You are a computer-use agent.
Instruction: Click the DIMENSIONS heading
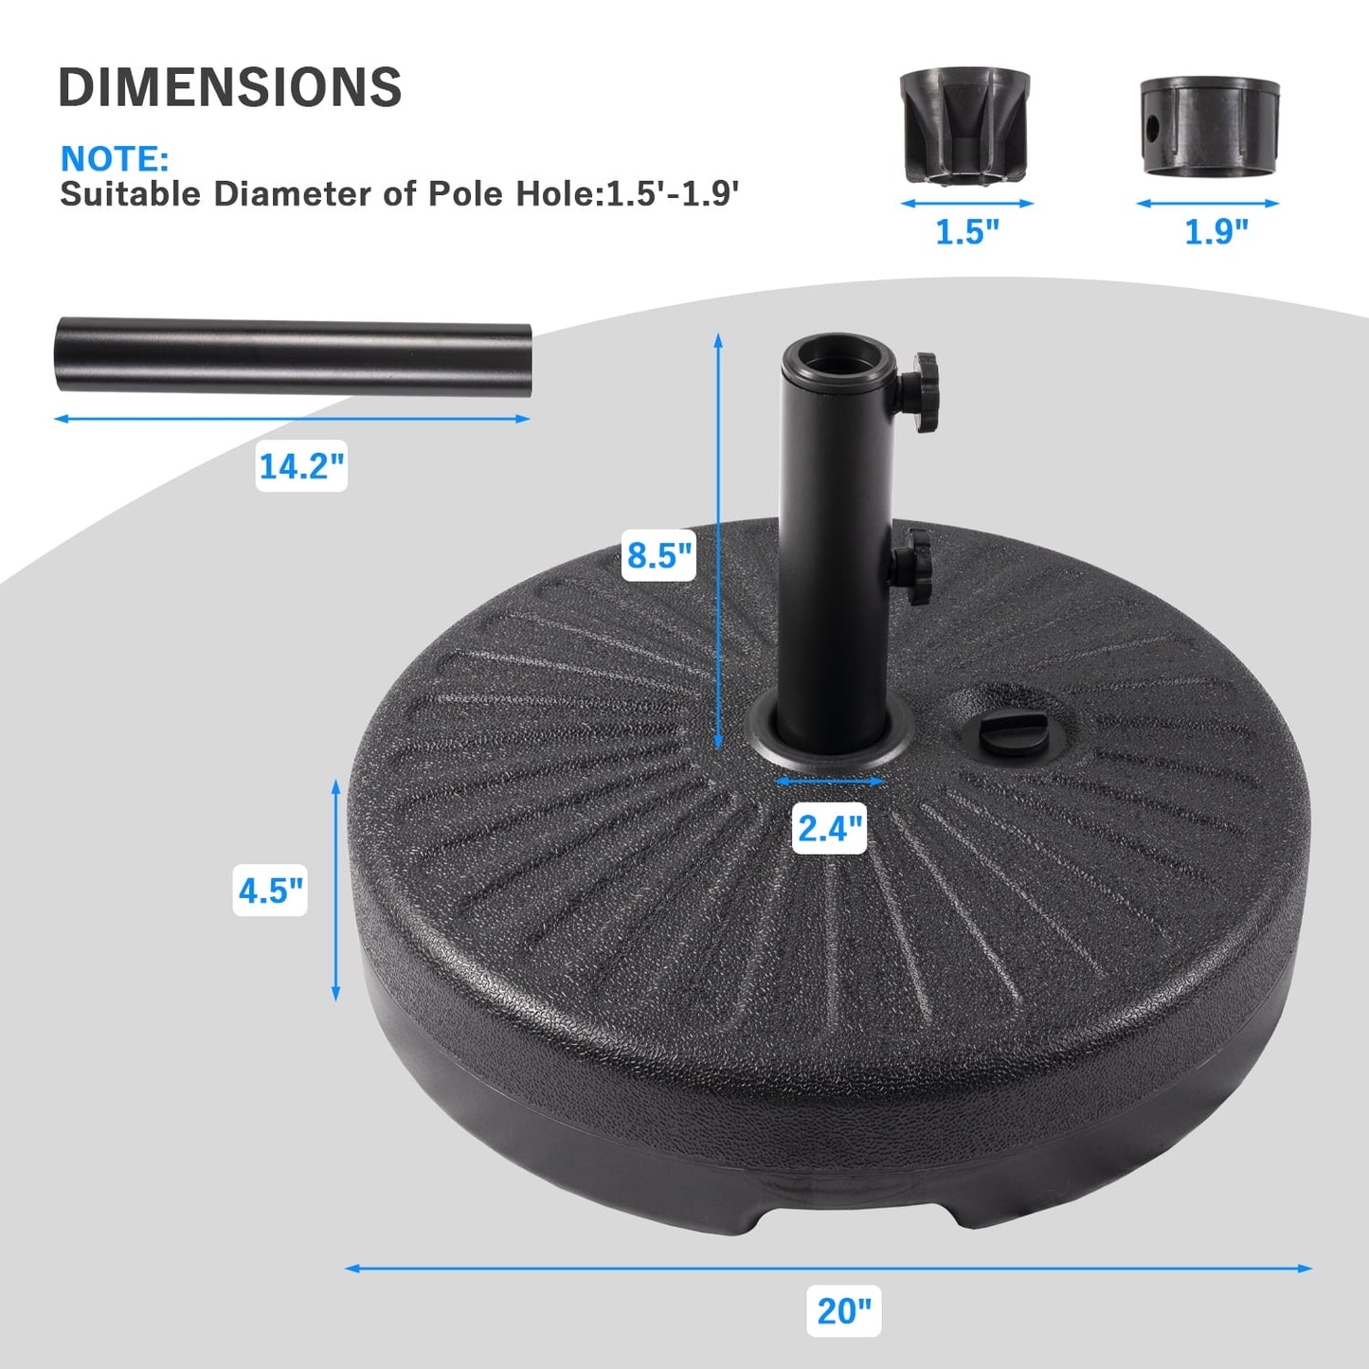[x=230, y=87]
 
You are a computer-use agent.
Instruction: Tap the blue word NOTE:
[x=115, y=158]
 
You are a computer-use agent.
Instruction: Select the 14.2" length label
[x=301, y=466]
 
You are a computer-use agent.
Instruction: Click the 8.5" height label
[x=659, y=554]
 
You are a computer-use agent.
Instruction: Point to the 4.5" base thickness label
[x=271, y=891]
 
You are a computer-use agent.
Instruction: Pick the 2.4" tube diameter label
[x=830, y=828]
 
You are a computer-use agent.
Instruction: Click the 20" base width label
[x=843, y=1311]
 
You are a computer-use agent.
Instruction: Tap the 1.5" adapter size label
[x=966, y=231]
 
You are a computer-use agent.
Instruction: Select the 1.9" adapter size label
[x=1216, y=231]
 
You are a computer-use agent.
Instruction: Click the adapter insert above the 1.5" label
[x=964, y=124]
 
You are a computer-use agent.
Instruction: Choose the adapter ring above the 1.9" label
[x=1209, y=126]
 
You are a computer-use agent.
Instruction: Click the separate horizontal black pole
[x=293, y=355]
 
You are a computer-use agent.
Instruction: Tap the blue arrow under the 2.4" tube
[x=830, y=782]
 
